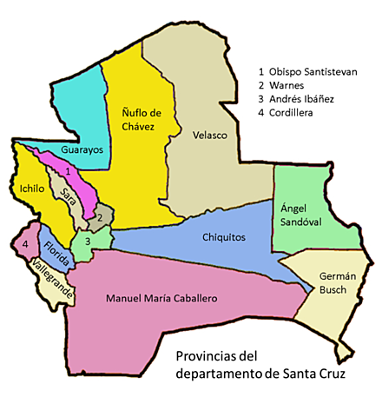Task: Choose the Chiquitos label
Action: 224,236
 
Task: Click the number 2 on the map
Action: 101,217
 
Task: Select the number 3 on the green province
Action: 88,241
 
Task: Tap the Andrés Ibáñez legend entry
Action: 300,100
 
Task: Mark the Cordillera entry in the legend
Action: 290,114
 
